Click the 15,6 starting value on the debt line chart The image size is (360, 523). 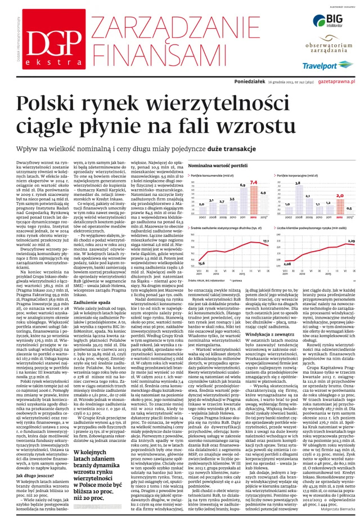(201, 263)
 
